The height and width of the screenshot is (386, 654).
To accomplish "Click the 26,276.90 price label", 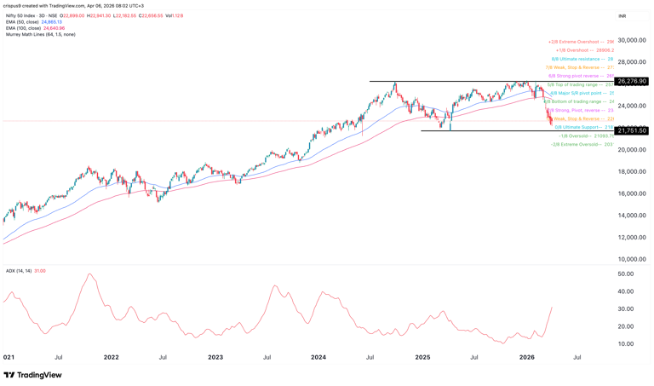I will tap(632, 82).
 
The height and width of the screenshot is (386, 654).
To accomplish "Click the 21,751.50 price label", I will tap(632, 130).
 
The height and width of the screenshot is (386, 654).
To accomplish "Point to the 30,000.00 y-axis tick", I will tap(632, 41).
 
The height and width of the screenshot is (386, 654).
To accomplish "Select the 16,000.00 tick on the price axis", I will tap(632, 193).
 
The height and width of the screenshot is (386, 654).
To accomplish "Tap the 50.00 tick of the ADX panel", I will tap(625, 274).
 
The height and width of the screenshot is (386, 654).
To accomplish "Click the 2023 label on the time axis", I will tap(215, 357).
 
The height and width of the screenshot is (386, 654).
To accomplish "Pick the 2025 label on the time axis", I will tap(422, 357).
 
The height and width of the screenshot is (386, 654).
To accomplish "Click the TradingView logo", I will tap(32, 375).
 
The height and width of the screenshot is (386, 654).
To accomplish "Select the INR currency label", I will tap(622, 16).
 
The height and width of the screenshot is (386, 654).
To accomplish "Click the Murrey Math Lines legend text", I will tap(39, 35).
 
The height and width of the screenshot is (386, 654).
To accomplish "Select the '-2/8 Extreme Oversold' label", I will tap(582, 144).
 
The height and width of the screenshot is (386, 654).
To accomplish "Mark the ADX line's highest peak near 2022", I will tap(89, 274).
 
